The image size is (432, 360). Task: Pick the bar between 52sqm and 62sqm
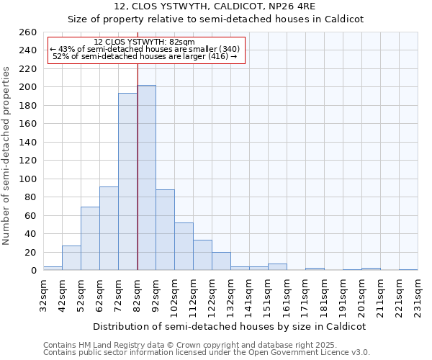[90, 238]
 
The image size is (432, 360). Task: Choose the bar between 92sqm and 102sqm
[165, 230]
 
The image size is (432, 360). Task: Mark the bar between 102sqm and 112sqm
[184, 246]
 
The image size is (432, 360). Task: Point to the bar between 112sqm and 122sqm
[202, 255]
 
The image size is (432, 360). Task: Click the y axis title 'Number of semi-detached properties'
[7, 156]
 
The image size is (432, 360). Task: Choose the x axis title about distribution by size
[230, 326]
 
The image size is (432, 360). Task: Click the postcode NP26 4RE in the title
[285, 6]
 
